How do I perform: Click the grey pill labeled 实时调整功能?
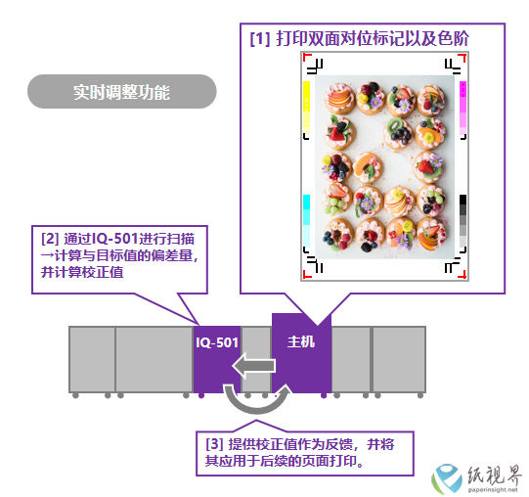tap(122, 92)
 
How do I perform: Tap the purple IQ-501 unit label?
tap(217, 342)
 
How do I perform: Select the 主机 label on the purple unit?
tap(301, 341)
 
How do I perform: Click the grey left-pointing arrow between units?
tap(253, 366)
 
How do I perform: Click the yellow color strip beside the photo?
tap(306, 108)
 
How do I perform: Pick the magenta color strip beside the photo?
tap(463, 108)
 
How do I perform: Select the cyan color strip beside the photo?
tap(306, 221)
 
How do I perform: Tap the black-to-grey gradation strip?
tap(463, 221)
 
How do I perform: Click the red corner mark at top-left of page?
tap(306, 56)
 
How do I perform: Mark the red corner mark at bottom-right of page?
tap(463, 275)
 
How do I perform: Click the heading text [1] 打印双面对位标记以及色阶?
tap(359, 38)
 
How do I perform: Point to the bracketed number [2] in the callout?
tap(50, 239)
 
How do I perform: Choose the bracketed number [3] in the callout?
tap(214, 444)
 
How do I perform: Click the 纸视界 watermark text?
tap(495, 475)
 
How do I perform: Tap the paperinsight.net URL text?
tap(493, 489)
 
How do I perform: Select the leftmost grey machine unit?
tap(92, 359)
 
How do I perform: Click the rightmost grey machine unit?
tap(399, 359)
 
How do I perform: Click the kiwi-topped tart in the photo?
tap(398, 133)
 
